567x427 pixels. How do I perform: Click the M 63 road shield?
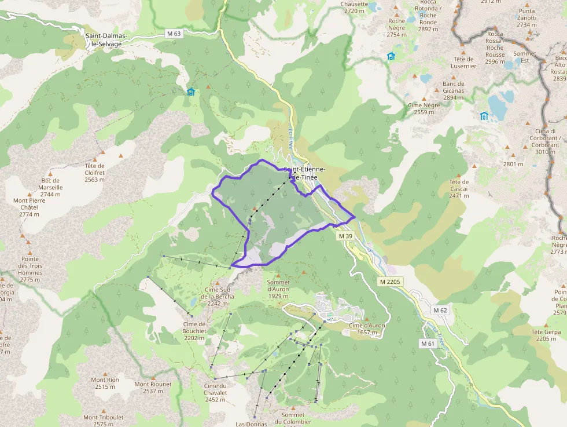174,34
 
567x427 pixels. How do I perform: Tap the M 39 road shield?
345,236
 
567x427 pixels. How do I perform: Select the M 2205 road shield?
390,282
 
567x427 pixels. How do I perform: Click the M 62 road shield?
440,311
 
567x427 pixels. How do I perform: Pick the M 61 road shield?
428,344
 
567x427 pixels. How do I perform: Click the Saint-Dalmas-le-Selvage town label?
104,39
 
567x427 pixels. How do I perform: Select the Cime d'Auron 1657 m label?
367,329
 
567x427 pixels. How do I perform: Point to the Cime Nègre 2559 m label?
424,108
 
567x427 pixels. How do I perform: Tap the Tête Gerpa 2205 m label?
546,335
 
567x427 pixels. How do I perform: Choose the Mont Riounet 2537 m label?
153,388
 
